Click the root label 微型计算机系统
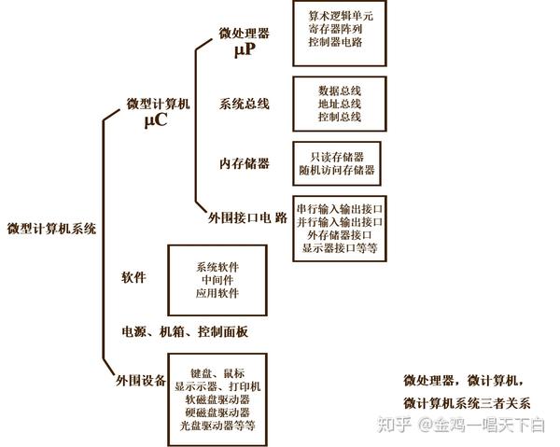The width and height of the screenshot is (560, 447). [x=51, y=228]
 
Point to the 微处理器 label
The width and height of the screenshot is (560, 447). [x=245, y=34]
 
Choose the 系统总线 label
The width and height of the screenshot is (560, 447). [x=245, y=104]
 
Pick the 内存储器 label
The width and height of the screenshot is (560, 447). [x=245, y=163]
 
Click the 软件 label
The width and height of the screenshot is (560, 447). [x=134, y=278]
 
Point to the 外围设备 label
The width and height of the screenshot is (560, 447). [x=140, y=381]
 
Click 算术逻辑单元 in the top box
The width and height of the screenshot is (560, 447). [x=339, y=17]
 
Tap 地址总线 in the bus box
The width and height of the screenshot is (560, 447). [x=339, y=104]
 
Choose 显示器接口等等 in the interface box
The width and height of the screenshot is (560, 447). [x=341, y=248]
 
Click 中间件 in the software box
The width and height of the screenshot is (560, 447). [x=217, y=280]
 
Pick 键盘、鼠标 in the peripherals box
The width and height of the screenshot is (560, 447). [x=217, y=373]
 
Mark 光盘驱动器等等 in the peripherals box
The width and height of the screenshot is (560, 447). [x=217, y=426]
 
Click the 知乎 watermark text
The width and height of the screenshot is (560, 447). [x=394, y=426]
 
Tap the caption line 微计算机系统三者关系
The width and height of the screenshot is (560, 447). [x=467, y=403]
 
